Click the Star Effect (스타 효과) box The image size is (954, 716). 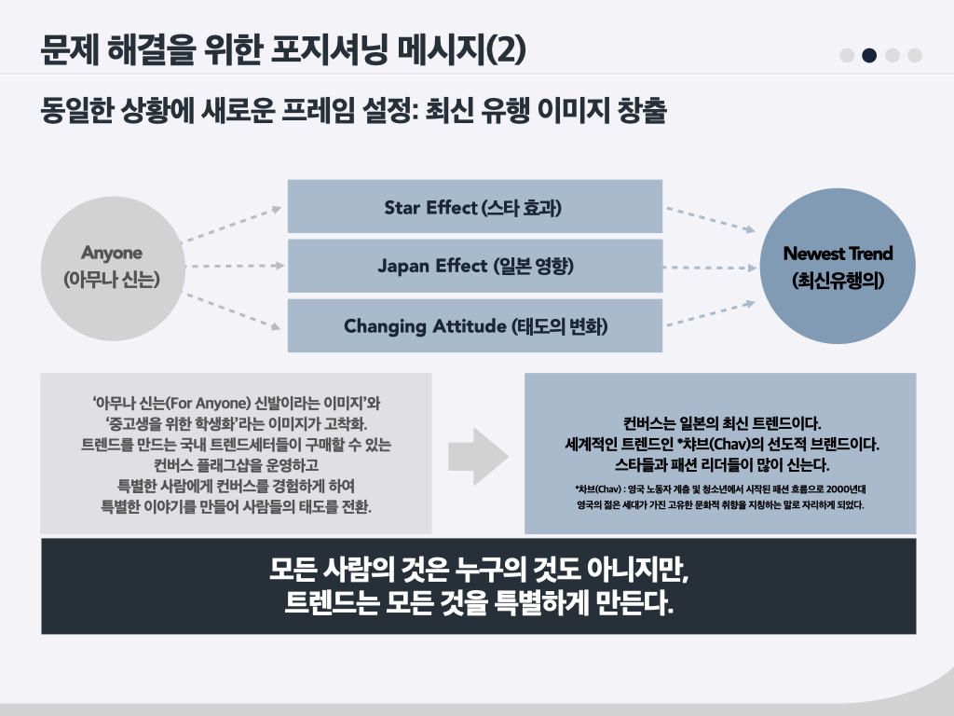tap(474, 207)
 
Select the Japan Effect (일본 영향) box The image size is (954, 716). tap(474, 266)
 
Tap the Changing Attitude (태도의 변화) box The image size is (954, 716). tap(474, 325)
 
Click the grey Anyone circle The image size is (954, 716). tap(112, 266)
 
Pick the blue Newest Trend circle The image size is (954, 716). tap(838, 266)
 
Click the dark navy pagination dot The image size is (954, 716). tap(869, 55)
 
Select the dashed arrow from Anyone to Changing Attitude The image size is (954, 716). tap(231, 311)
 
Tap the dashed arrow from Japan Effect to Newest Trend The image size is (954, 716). tap(710, 267)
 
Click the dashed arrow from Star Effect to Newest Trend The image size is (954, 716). tap(710, 218)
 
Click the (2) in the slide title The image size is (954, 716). tap(506, 51)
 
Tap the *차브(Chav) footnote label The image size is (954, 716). tap(600, 489)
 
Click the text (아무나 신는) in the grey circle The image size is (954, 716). tap(112, 279)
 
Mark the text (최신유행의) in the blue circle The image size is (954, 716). tap(838, 279)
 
